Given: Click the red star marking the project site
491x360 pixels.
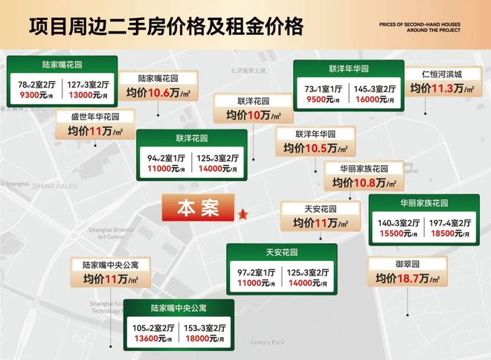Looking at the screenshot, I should pyautogui.click(x=243, y=214).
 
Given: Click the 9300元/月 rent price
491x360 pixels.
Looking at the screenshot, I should pyautogui.click(x=35, y=96).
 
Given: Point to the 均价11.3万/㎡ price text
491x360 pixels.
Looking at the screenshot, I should pyautogui.click(x=442, y=89).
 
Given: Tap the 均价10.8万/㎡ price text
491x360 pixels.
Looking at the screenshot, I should pyautogui.click(x=363, y=181).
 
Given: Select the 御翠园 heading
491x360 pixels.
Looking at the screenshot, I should pyautogui.click(x=408, y=263).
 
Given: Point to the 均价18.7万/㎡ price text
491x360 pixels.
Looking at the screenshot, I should pyautogui.click(x=408, y=279).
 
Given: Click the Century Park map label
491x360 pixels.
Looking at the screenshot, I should pyautogui.click(x=268, y=342).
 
